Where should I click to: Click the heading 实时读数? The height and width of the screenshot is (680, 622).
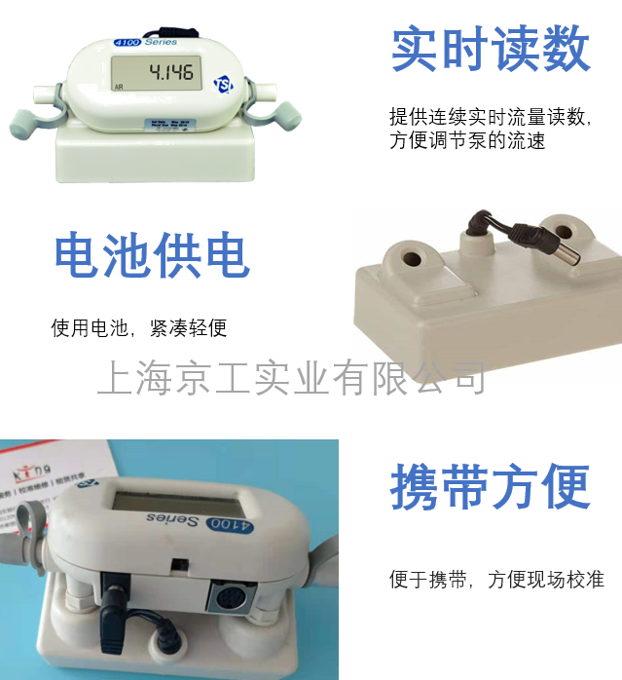[491, 49]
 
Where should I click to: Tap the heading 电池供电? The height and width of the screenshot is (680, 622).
[152, 255]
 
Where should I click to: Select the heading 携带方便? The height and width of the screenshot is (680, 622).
[491, 486]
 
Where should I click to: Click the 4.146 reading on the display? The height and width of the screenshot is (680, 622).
[169, 71]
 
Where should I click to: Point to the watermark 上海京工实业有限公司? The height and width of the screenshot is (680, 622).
[291, 378]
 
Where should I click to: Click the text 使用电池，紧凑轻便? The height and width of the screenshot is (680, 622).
[139, 328]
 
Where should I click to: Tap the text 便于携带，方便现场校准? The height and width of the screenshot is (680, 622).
[496, 580]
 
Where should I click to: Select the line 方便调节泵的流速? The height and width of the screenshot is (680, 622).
[467, 140]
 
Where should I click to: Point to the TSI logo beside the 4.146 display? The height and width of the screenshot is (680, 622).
[222, 74]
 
